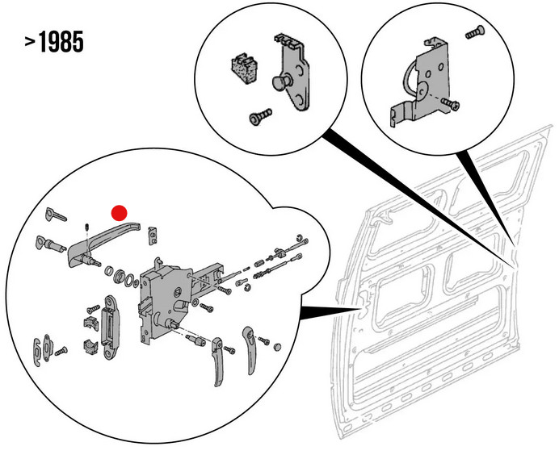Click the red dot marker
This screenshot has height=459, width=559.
[x=119, y=212]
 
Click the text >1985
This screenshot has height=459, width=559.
[x=54, y=43]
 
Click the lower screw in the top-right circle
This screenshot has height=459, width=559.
[x=451, y=104]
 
